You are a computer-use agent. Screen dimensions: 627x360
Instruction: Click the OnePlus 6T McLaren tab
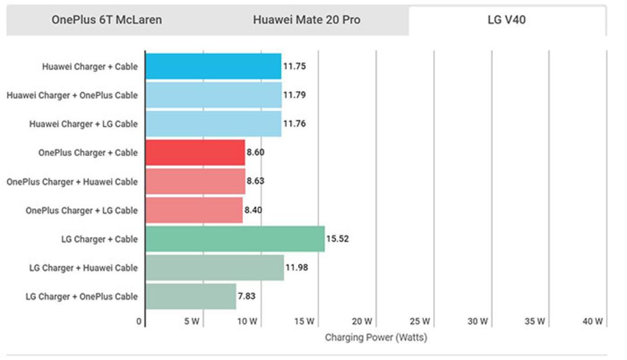pos(107,20)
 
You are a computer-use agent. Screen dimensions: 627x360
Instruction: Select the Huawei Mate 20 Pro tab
pos(307,20)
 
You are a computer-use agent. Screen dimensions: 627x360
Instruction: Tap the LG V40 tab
pos(507,20)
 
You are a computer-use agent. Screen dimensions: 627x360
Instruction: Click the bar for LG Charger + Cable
pos(235,239)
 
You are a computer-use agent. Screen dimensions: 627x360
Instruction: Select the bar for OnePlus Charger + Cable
pos(195,152)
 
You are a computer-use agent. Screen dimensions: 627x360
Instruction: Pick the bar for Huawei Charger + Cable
pos(214,66)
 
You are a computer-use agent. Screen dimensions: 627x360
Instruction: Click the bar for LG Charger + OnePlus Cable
pos(191,296)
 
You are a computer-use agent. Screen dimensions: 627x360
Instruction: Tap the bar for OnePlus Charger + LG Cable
pos(194,210)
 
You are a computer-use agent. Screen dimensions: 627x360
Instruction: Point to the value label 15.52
pos(337,239)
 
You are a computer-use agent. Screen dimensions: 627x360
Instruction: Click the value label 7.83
pos(247,296)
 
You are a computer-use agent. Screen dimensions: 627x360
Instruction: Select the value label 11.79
pos(294,95)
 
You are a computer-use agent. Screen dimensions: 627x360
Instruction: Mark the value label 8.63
pos(255,181)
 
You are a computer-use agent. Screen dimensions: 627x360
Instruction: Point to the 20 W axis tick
pos(362,321)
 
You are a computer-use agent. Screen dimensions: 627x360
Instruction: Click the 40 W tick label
pos(593,321)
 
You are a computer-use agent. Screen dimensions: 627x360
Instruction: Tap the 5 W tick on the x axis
pos(192,321)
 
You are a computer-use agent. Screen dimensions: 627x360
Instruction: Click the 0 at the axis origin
pos(139,321)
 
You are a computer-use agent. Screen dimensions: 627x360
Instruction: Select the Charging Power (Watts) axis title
pos(376,337)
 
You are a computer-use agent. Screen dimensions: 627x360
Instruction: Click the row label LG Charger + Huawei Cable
pos(83,268)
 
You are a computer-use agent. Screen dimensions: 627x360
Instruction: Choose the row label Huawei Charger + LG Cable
pos(83,124)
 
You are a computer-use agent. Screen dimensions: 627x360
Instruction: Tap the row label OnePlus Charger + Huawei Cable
pos(72,182)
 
